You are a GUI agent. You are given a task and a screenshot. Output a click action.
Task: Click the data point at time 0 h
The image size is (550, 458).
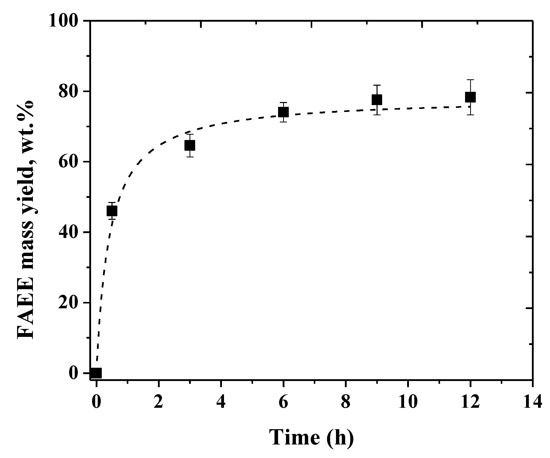96,373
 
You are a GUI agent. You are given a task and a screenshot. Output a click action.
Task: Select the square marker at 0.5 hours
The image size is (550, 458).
112,211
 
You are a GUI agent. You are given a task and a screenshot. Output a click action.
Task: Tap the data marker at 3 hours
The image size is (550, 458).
190,145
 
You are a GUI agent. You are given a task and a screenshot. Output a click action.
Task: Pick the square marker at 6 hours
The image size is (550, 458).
283,112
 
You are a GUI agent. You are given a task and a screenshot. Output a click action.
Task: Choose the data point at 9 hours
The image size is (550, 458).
377,99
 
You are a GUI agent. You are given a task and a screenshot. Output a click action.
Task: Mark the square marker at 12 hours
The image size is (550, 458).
470,97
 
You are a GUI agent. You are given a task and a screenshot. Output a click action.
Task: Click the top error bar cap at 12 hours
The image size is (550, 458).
470,80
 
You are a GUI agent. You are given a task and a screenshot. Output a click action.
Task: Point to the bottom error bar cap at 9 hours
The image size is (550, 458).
377,115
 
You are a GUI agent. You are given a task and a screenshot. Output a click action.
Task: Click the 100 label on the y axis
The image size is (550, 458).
64,21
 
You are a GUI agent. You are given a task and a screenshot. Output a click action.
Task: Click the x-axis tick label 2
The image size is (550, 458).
158,402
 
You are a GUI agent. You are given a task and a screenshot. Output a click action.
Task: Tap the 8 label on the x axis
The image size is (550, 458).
346,402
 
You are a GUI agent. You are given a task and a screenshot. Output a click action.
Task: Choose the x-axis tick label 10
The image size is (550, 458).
408,402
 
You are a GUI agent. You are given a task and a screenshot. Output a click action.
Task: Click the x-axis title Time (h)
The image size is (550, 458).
311,437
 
